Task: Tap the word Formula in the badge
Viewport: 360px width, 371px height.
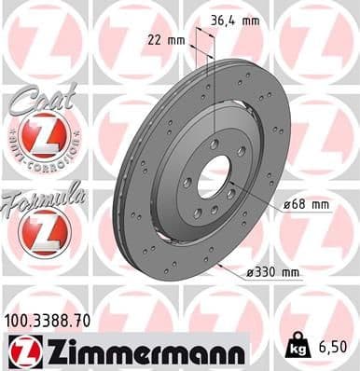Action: tap(45, 198)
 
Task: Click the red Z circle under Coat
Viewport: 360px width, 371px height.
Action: tap(45, 139)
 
